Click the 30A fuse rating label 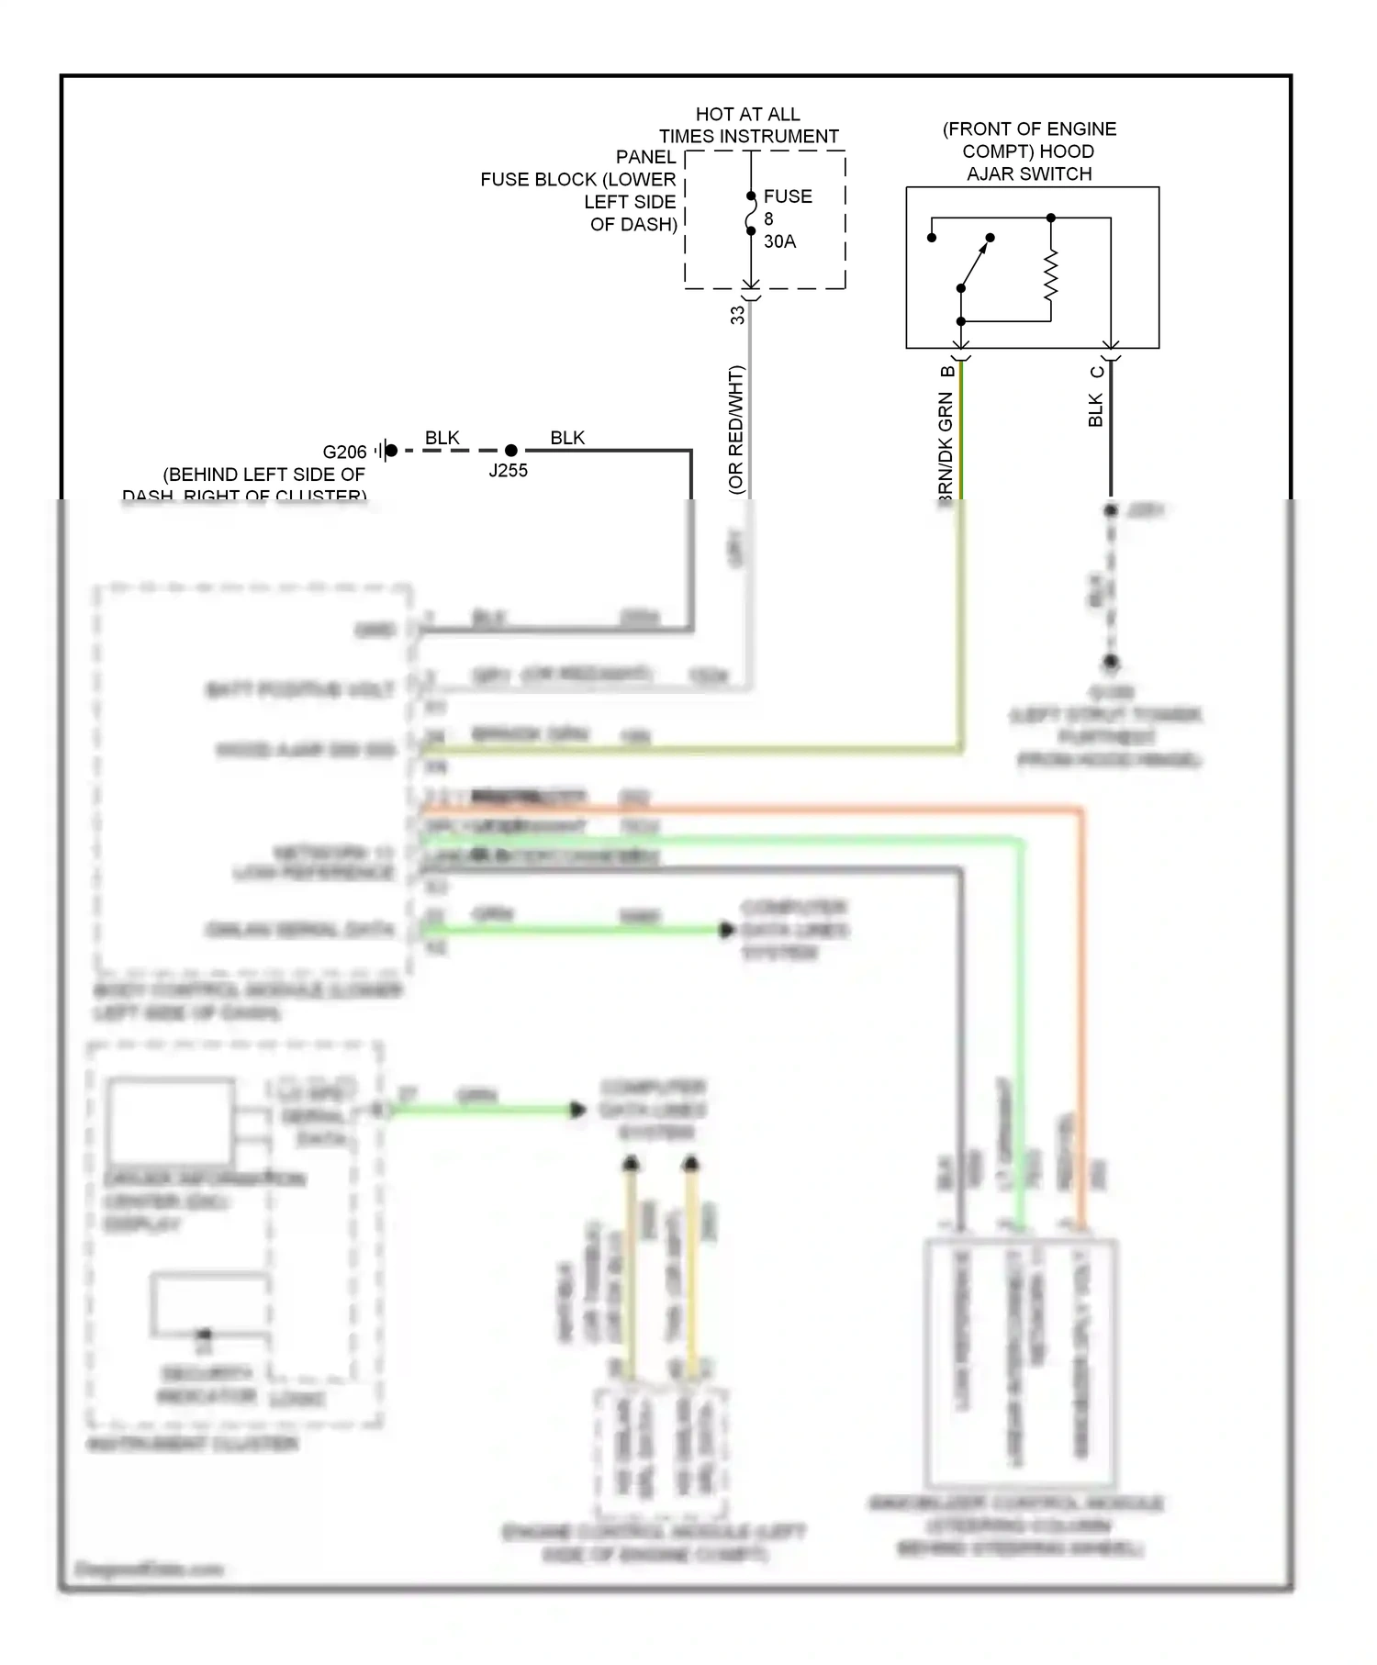[779, 241]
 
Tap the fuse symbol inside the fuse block [751, 213]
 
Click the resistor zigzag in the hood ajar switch [1051, 275]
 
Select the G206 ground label [344, 452]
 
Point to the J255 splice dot [511, 450]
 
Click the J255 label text [508, 471]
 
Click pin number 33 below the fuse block [737, 315]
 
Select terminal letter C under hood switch [1097, 372]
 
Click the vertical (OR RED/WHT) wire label [735, 430]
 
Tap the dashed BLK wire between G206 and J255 [450, 451]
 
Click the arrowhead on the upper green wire [726, 930]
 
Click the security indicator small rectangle [209, 1302]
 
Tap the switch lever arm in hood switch [975, 263]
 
